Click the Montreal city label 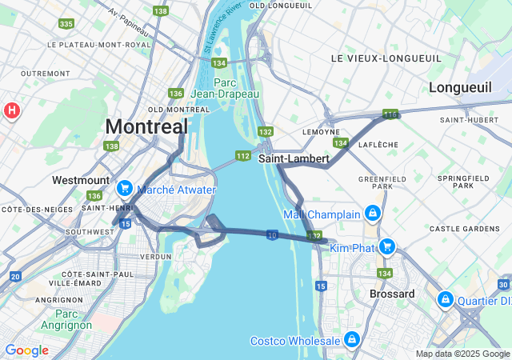146,126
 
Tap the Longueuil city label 460,87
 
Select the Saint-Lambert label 294,158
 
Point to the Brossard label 392,294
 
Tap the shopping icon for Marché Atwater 124,189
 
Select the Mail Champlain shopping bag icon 372,214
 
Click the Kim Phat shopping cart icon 387,246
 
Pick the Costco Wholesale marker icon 351,341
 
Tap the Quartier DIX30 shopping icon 446,299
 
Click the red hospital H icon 12,110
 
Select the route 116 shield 390,115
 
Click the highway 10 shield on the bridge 273,234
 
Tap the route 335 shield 66,24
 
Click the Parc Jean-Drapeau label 236,88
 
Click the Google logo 26,350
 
